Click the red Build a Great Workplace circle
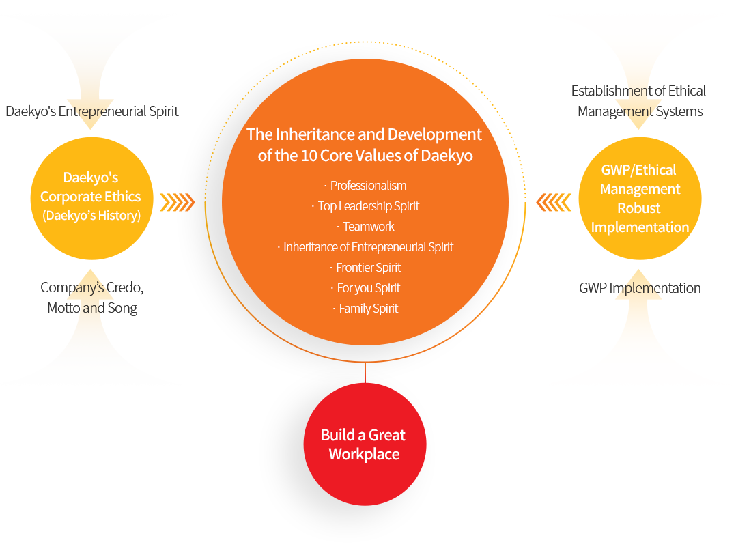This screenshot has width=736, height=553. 365,444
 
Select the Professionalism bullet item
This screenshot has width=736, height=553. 368,186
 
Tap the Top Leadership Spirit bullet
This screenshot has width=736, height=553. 368,206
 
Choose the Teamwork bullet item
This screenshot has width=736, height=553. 368,227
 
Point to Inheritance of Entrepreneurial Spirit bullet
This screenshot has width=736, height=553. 368,247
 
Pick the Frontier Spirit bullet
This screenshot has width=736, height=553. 368,268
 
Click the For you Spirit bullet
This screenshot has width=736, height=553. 368,288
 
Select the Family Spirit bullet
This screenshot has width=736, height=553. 368,309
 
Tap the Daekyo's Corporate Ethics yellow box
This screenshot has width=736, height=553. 91,198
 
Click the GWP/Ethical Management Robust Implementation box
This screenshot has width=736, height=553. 640,198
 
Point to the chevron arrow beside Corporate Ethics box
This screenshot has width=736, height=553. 177,203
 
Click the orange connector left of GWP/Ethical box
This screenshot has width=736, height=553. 553,203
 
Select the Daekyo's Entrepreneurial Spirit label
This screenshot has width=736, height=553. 92,111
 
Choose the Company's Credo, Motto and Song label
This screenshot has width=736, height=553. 92,298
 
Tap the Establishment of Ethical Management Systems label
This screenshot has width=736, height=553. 639,101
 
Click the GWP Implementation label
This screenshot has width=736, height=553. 640,288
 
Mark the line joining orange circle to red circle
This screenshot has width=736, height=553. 365,373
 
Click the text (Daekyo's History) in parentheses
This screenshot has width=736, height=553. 91,216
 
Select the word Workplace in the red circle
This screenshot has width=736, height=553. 364,455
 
